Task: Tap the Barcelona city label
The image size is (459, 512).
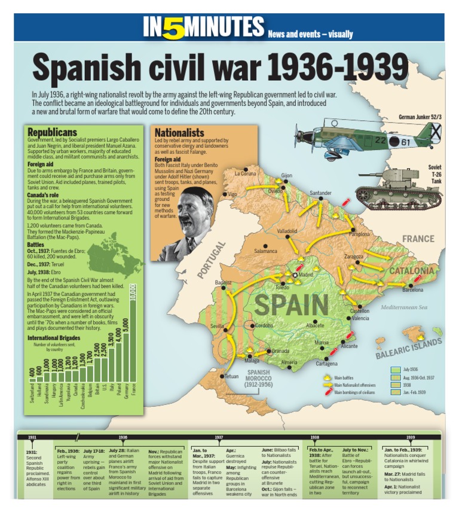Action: (x=412, y=290)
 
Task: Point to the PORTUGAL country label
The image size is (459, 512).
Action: (x=212, y=260)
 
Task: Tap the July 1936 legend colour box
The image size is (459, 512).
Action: (x=395, y=370)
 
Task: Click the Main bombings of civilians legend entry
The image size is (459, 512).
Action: (x=355, y=392)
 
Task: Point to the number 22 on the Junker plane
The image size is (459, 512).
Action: (x=382, y=141)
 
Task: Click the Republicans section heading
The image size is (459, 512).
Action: (x=52, y=132)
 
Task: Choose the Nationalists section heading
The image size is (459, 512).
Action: (x=179, y=132)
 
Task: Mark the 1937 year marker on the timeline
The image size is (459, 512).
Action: (x=219, y=437)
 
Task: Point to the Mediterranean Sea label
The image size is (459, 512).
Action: (x=405, y=308)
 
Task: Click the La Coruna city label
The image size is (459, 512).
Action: (x=245, y=173)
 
